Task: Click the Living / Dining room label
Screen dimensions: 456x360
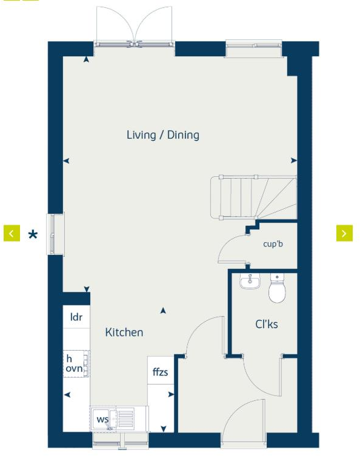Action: coord(162,134)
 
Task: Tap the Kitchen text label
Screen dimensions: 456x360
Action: coord(124,332)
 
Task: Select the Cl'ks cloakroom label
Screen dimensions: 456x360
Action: coord(266,325)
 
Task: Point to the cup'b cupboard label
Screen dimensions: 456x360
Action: coord(273,244)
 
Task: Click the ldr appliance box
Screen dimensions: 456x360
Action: coord(76,317)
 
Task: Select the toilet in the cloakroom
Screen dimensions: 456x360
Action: coord(278,290)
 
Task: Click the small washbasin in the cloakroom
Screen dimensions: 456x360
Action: coord(249,282)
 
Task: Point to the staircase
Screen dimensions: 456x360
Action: coord(252,197)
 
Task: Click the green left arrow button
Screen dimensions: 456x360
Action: coord(12,233)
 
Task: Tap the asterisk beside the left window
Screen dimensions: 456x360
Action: coord(33,234)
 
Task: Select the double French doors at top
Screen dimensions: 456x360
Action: coord(134,27)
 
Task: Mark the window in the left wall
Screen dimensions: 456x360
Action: coord(55,234)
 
